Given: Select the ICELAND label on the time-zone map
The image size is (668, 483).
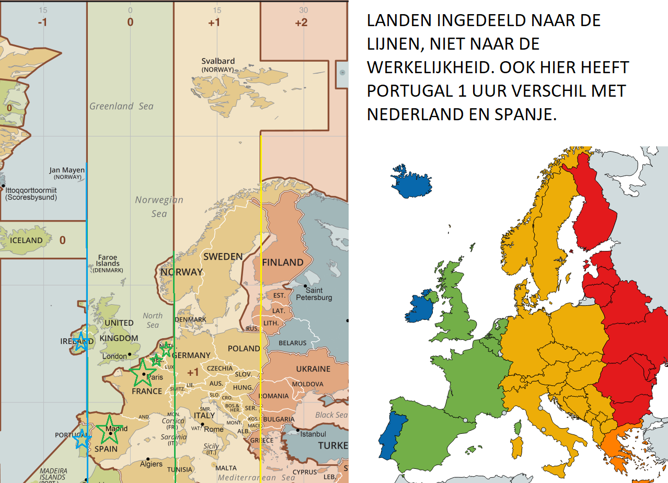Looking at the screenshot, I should [x=26, y=240].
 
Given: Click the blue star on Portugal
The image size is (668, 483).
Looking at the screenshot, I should [x=82, y=439].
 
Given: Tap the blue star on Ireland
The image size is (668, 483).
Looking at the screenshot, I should [x=80, y=342].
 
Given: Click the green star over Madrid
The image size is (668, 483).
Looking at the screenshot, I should [x=110, y=430].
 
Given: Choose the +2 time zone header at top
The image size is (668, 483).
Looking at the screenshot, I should [x=301, y=22].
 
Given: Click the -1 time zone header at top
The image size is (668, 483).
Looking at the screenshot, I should [x=42, y=22].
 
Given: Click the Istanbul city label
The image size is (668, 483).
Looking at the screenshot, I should [x=313, y=434].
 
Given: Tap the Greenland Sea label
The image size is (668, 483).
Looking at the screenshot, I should [x=121, y=106].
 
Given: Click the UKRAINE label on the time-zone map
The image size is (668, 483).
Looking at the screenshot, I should [x=313, y=369].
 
